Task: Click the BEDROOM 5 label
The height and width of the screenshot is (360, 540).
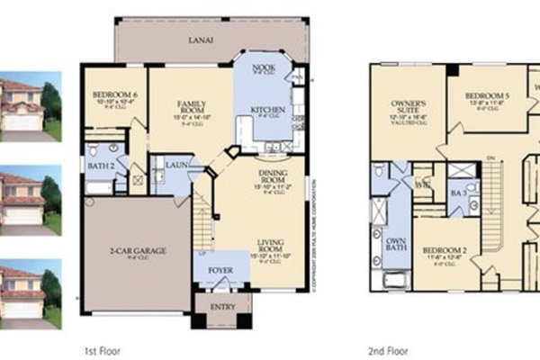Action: coord(487,97)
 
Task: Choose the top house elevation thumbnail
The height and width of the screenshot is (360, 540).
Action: coord(31,106)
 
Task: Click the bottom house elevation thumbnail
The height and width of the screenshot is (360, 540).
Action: coord(31,291)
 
